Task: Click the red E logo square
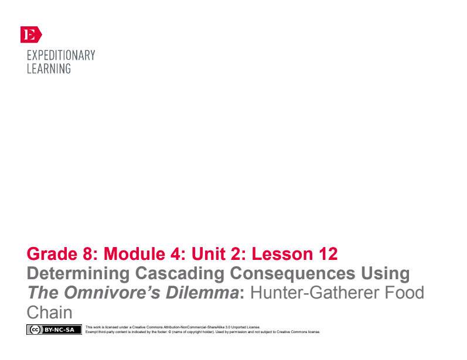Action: [x=31, y=35]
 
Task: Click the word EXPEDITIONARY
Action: [x=61, y=56]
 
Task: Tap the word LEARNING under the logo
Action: [x=49, y=68]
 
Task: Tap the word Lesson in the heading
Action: [x=277, y=254]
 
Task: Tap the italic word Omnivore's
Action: [x=115, y=292]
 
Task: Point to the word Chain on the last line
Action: [x=49, y=311]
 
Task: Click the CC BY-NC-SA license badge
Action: [x=54, y=330]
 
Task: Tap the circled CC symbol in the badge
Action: [x=35, y=330]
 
